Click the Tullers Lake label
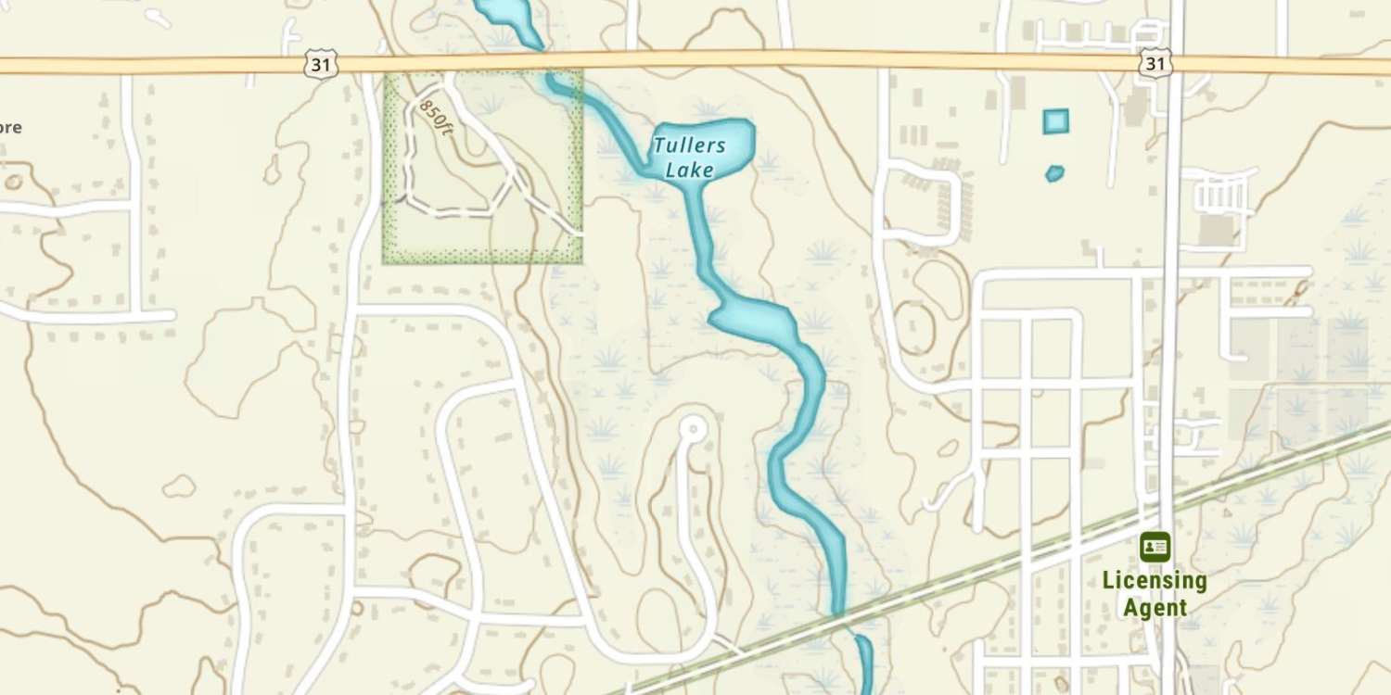[689, 158]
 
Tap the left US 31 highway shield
[319, 64]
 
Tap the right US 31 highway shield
[1155, 63]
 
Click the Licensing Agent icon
[1155, 547]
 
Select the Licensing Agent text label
[1155, 594]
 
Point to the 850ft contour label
[435, 119]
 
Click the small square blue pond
[1055, 121]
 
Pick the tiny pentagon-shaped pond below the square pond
[1054, 173]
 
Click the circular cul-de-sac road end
[692, 429]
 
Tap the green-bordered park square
[482, 167]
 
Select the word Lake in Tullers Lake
[690, 170]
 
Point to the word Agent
[1155, 608]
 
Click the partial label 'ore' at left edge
[10, 128]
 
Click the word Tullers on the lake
[689, 145]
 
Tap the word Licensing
[1155, 582]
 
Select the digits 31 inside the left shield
[319, 64]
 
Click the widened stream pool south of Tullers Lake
[753, 320]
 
